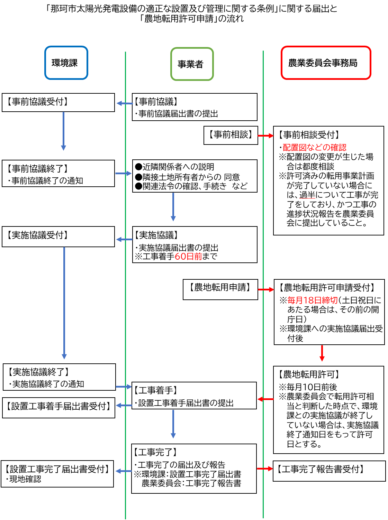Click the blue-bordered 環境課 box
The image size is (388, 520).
[x=66, y=63]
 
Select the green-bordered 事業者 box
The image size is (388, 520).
[x=192, y=64]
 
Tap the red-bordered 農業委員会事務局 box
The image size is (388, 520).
[x=326, y=63]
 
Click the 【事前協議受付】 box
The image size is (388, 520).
[x=58, y=102]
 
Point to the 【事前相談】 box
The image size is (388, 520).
[x=231, y=135]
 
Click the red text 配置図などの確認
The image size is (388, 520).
[x=314, y=148]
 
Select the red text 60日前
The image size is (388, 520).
[x=188, y=257]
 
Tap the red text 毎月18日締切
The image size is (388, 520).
[x=312, y=300]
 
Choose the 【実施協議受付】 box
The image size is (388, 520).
[x=58, y=236]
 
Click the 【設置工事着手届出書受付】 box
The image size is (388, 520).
[x=58, y=407]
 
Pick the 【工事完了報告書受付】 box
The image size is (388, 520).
[x=329, y=470]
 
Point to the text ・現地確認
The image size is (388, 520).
[x=24, y=479]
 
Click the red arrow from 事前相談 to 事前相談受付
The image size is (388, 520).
[x=265, y=136]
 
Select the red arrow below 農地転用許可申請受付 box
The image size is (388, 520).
[x=322, y=353]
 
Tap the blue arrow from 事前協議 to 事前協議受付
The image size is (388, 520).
[x=124, y=103]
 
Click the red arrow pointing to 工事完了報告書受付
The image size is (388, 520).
[x=265, y=469]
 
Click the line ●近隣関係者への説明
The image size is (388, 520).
[x=174, y=167]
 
